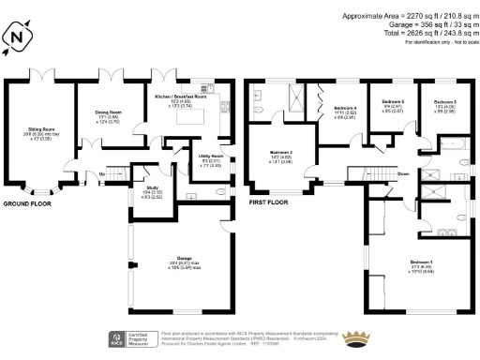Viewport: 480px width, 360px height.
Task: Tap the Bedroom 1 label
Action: tap(421, 262)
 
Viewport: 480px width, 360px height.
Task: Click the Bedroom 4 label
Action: tap(346, 110)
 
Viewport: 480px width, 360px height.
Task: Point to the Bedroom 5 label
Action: tap(393, 102)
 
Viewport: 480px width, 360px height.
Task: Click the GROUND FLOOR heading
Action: tap(27, 203)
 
